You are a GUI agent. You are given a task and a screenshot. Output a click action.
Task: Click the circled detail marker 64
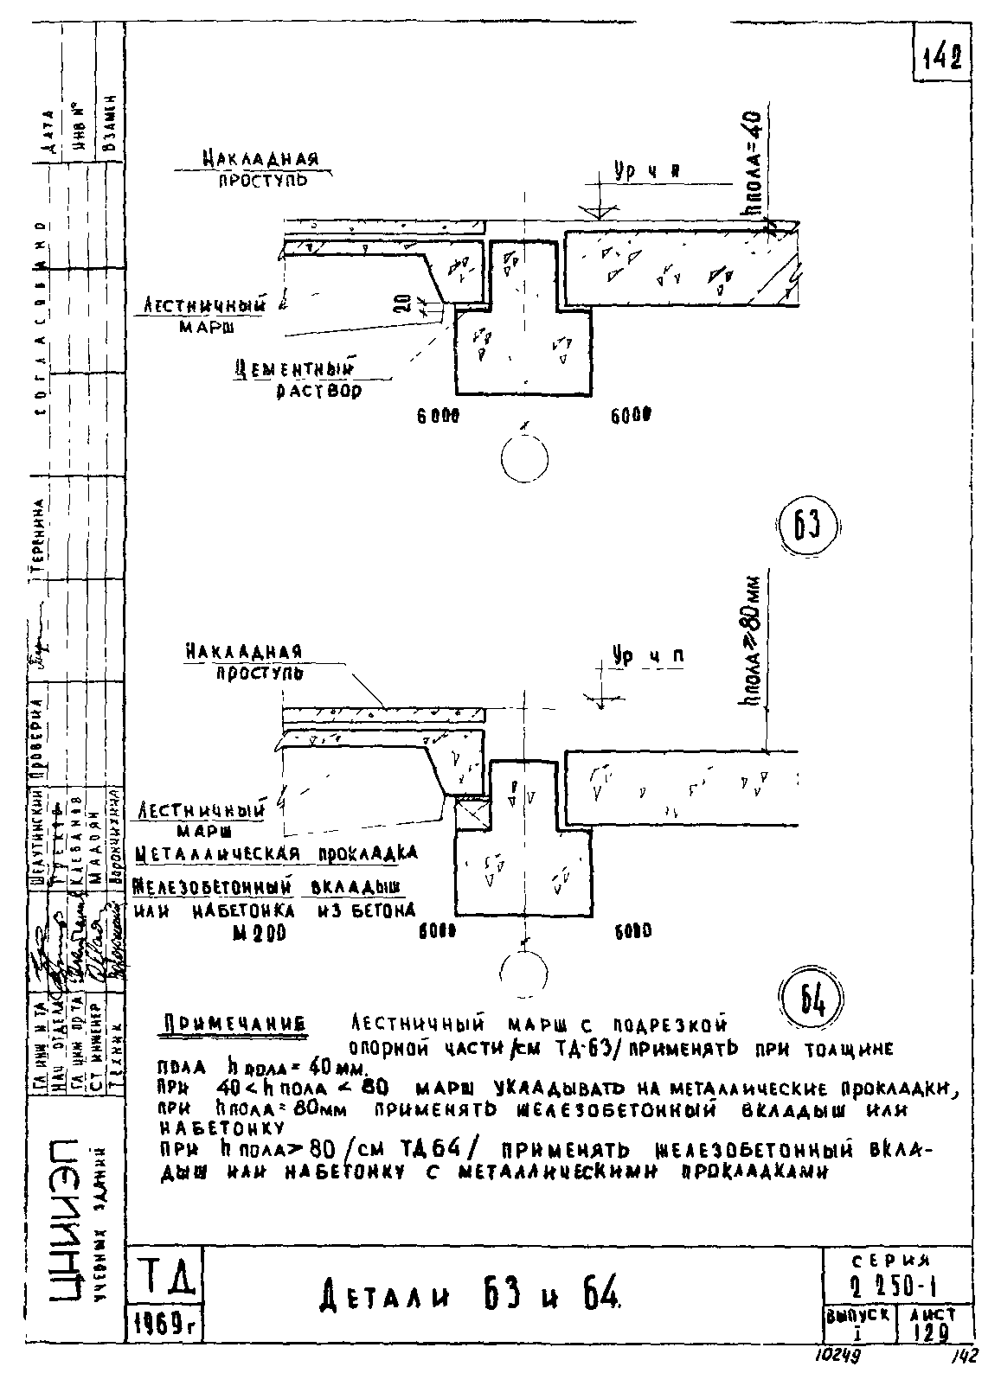(x=813, y=1000)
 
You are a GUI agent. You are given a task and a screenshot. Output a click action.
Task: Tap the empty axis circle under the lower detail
(x=522, y=972)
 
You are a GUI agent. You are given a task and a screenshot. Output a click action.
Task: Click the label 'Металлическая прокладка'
(x=277, y=854)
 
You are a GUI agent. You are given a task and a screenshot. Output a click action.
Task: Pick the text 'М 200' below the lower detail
(x=253, y=934)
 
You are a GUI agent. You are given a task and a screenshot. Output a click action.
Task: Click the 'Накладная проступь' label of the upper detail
(x=260, y=169)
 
